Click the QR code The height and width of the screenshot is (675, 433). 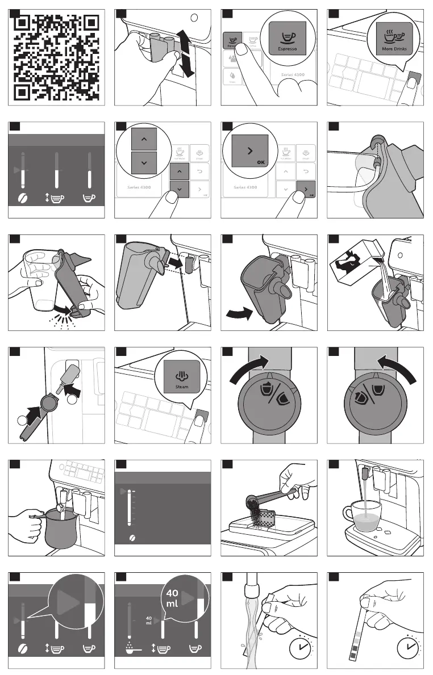click(x=56, y=57)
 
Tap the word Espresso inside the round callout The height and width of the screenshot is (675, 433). click(x=287, y=49)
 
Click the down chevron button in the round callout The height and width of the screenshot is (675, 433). click(x=140, y=162)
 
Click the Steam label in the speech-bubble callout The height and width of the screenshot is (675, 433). click(x=182, y=387)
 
